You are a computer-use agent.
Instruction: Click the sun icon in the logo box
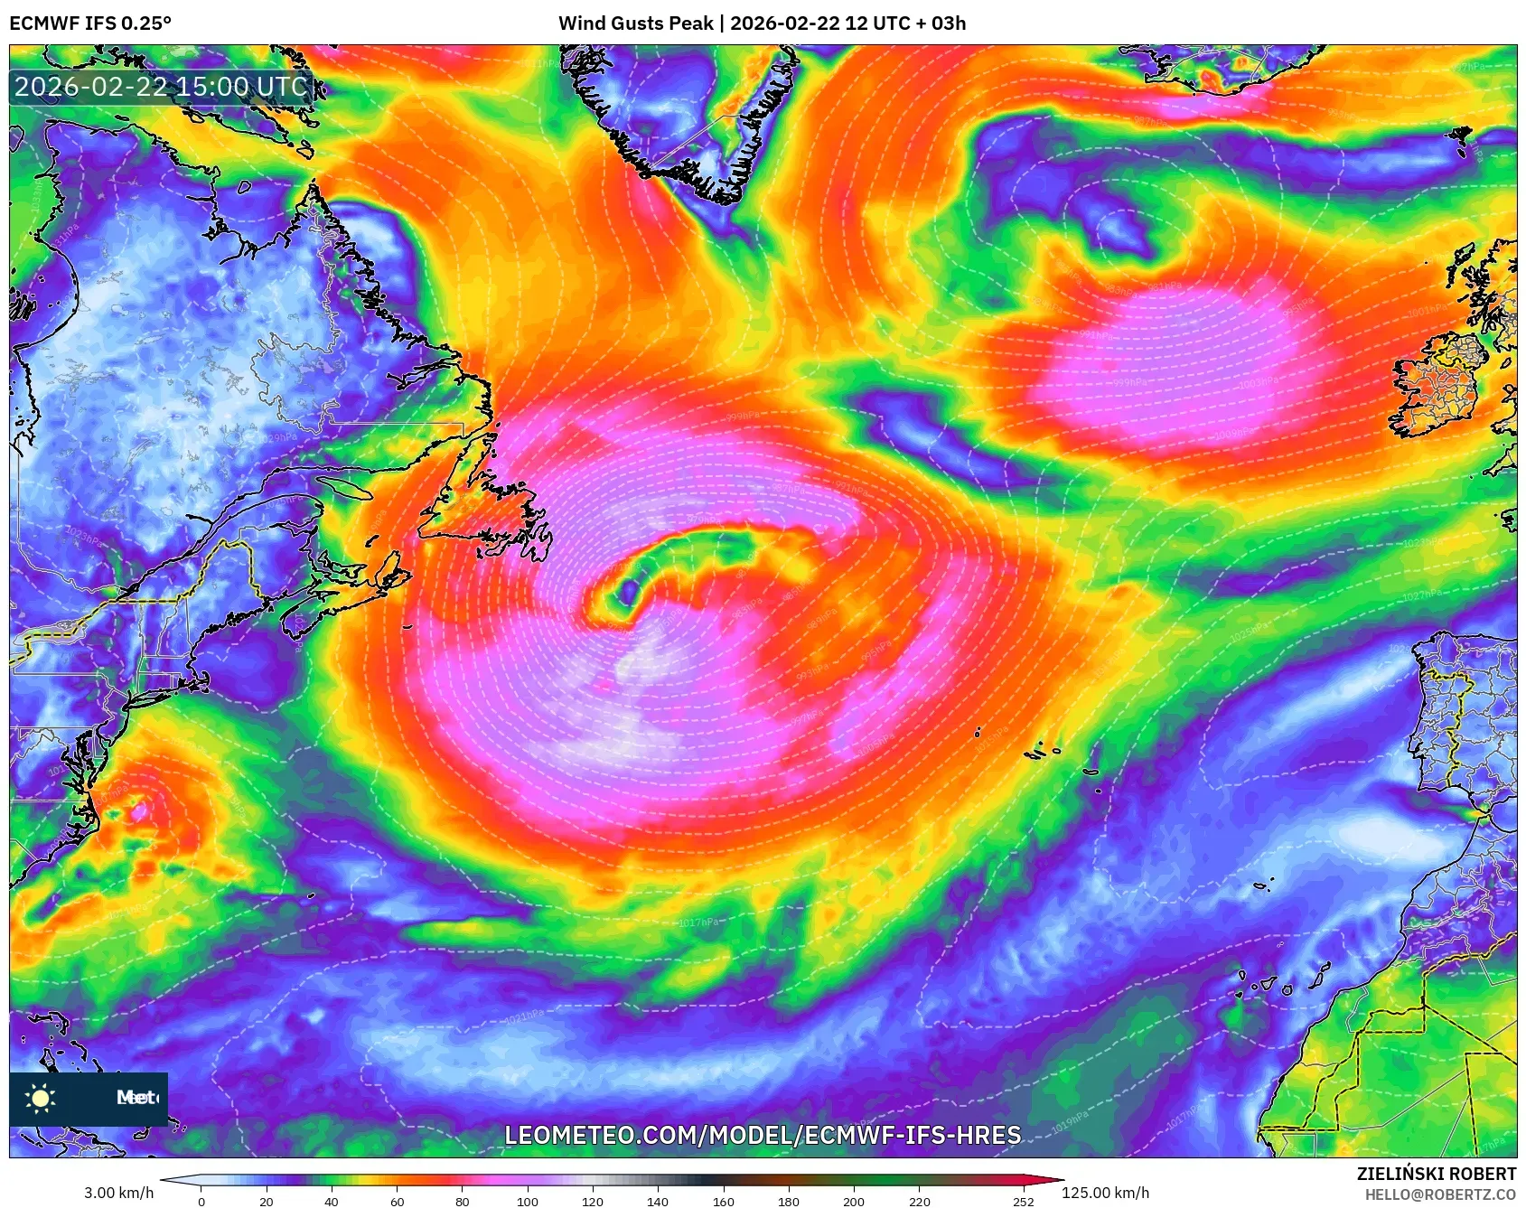click(x=41, y=1098)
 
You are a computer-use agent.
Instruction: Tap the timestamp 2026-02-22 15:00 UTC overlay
click(x=162, y=87)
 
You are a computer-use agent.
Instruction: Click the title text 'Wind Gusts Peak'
click(x=635, y=23)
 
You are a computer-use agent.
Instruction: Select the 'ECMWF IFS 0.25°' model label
click(x=90, y=23)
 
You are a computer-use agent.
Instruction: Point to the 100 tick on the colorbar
click(x=528, y=1202)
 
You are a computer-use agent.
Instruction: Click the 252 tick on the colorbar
click(x=1023, y=1202)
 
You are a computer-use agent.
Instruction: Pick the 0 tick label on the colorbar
click(x=201, y=1202)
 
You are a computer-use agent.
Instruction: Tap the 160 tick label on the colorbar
click(x=723, y=1202)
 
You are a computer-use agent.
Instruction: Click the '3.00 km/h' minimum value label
click(x=119, y=1193)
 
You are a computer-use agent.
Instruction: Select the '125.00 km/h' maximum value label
click(x=1105, y=1193)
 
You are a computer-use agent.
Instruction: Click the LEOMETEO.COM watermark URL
click(x=763, y=1135)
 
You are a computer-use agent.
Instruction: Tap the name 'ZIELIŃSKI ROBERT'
click(x=1437, y=1174)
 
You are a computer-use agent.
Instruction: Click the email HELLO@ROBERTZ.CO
click(x=1440, y=1194)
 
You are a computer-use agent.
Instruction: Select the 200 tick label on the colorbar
click(x=854, y=1202)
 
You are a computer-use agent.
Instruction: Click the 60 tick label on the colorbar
click(x=397, y=1202)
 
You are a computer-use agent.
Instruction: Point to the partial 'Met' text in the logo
click(x=136, y=1098)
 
